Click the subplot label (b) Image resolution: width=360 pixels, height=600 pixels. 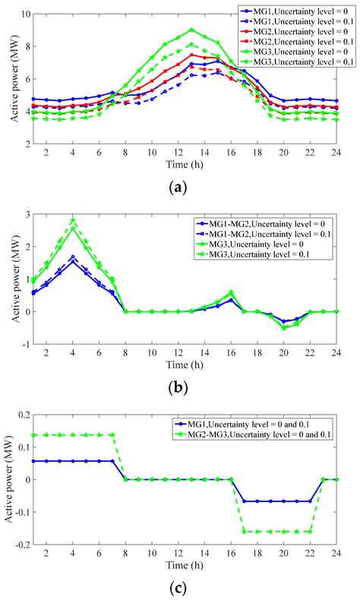(179, 387)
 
